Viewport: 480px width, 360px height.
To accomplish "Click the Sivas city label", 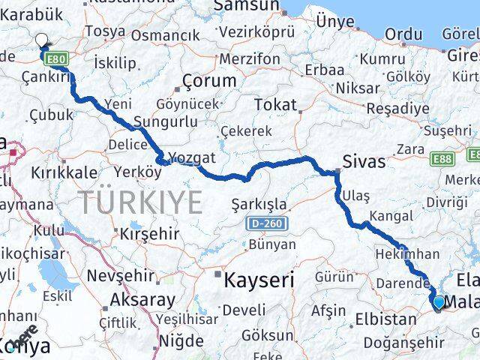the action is (x=363, y=161).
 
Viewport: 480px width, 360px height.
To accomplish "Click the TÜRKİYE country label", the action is (x=141, y=202).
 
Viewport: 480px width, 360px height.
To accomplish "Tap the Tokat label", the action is (x=276, y=105).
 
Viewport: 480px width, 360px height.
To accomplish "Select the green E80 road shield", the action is (x=55, y=58).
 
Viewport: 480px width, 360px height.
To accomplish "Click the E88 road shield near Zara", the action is (x=441, y=160).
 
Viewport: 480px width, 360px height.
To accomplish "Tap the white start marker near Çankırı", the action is (x=41, y=40).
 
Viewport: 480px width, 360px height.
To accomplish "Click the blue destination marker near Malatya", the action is (x=439, y=302).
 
